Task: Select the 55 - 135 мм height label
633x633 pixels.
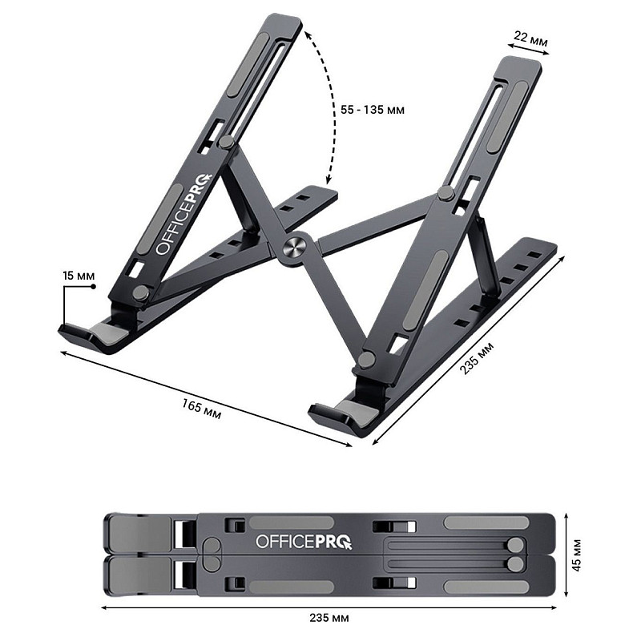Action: (369, 109)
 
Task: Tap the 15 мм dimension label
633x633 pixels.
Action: (78, 276)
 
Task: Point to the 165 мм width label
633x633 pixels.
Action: (201, 408)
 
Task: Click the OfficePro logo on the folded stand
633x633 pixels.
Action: (303, 542)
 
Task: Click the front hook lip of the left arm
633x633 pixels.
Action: (80, 332)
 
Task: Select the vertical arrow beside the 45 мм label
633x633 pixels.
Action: (567, 554)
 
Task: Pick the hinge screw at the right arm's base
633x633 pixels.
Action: (365, 360)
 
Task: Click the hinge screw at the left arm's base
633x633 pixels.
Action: (140, 292)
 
